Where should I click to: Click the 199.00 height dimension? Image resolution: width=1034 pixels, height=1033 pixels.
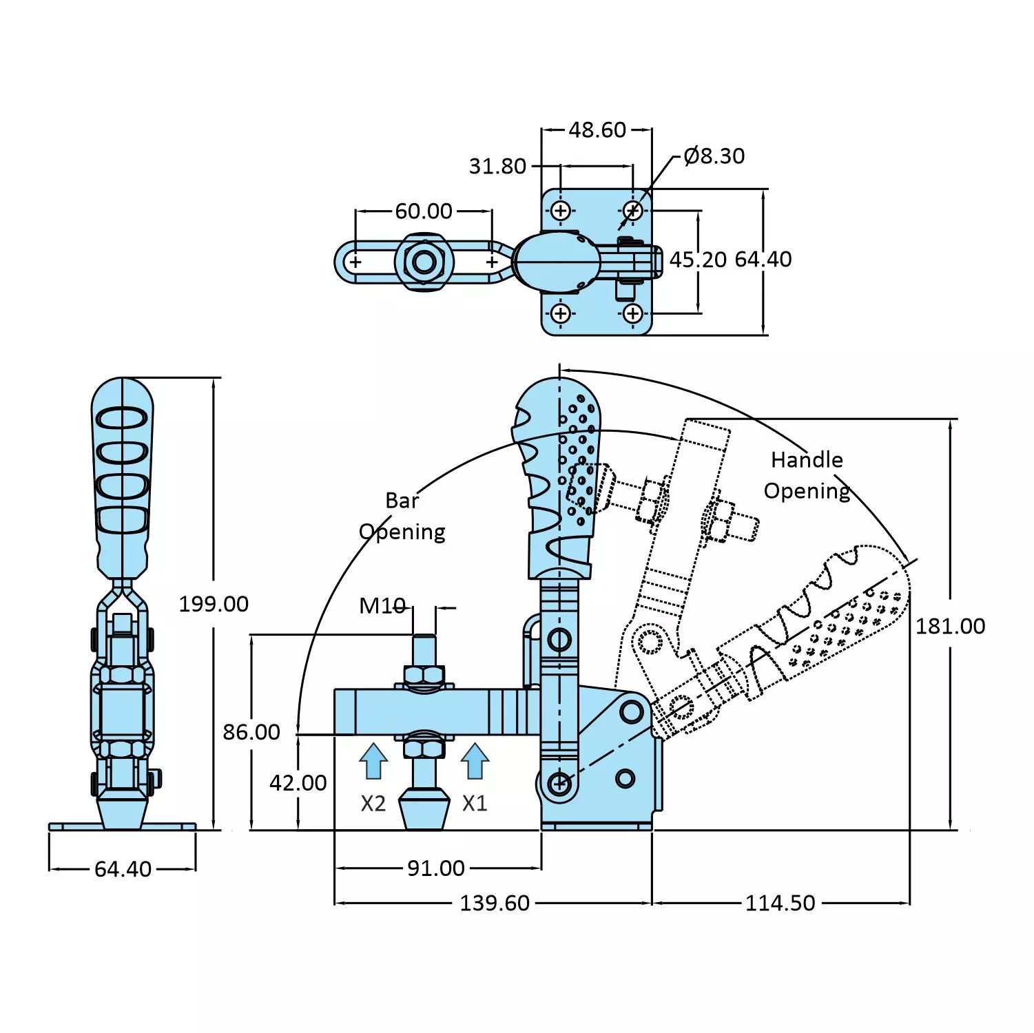[x=214, y=604]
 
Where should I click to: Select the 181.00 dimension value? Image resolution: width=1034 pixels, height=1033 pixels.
[x=950, y=626]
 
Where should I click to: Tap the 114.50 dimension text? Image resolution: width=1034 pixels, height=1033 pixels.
[x=780, y=903]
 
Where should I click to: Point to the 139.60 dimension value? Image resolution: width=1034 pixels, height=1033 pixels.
[x=495, y=903]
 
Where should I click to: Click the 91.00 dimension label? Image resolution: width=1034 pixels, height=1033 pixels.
[x=435, y=868]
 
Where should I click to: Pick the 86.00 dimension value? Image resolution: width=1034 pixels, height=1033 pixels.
[x=251, y=732]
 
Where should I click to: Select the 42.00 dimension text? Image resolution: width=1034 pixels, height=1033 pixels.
[x=298, y=783]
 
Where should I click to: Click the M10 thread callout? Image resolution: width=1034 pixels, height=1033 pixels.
[x=382, y=606]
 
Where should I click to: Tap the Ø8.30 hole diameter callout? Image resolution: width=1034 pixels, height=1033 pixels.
[x=714, y=156]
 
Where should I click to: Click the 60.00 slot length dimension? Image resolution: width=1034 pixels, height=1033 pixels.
[x=424, y=211]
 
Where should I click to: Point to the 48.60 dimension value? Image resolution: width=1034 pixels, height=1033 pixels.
[x=597, y=130]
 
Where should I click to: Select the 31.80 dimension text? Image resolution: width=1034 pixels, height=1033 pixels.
[x=497, y=167]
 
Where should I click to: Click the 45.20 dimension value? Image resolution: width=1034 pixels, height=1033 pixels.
[x=698, y=260]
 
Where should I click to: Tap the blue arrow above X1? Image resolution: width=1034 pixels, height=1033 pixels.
[x=475, y=761]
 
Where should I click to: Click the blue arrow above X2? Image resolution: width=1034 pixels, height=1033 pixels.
[x=373, y=761]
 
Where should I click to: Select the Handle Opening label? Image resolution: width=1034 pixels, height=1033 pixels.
[x=807, y=475]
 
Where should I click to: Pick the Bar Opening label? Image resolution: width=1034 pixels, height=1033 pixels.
[x=402, y=516]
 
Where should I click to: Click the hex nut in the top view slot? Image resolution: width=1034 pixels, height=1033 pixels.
[x=424, y=262]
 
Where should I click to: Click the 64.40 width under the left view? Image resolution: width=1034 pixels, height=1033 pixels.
[x=123, y=869]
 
